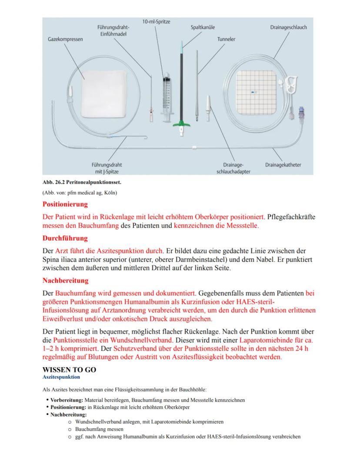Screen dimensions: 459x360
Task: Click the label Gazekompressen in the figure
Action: (x=65, y=39)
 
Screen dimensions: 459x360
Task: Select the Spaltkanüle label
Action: (x=203, y=27)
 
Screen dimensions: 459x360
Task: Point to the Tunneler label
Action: (x=226, y=39)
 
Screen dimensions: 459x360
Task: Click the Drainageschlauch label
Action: (x=288, y=27)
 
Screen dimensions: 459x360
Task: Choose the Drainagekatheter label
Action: (x=283, y=165)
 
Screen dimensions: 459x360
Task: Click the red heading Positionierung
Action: (x=65, y=204)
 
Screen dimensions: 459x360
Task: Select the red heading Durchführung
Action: (x=65, y=238)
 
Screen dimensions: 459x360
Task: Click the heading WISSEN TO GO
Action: (x=69, y=369)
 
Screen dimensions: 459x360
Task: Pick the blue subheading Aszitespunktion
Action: (x=61, y=377)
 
